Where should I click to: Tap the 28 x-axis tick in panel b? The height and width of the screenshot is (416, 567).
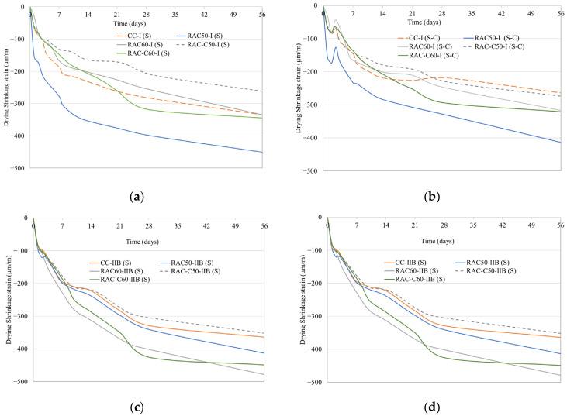pyautogui.click(x=441, y=14)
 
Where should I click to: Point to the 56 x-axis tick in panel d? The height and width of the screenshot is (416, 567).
pyautogui.click(x=559, y=225)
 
